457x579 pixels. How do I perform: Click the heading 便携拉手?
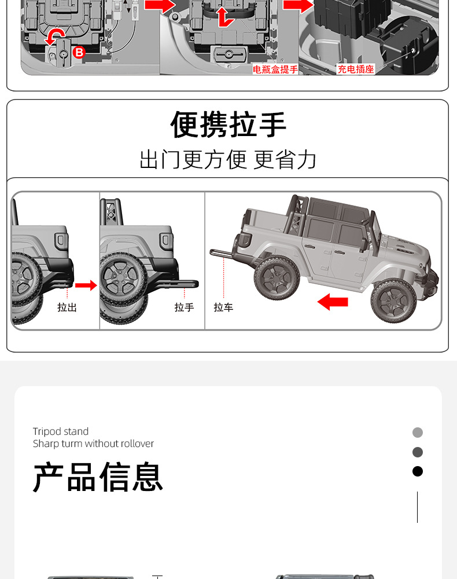(x=228, y=124)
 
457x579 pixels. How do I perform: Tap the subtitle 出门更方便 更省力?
(x=228, y=159)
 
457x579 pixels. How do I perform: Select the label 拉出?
(x=67, y=307)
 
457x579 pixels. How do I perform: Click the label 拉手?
(x=184, y=307)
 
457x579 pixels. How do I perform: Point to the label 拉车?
(x=223, y=307)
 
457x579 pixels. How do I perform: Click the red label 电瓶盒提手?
(x=275, y=69)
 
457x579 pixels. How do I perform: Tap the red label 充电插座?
(x=356, y=69)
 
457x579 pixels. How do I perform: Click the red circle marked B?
(x=79, y=53)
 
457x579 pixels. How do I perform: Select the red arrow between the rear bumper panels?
(x=86, y=285)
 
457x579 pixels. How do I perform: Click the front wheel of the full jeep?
(x=393, y=301)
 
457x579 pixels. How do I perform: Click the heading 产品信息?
(x=98, y=477)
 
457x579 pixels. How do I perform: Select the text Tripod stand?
(x=61, y=431)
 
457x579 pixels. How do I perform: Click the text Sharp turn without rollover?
(x=93, y=444)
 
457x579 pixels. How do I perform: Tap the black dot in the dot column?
(x=418, y=471)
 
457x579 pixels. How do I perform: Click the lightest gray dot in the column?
(x=418, y=433)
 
